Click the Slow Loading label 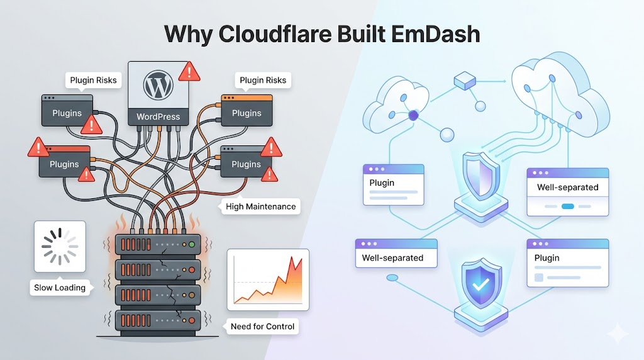(x=60, y=288)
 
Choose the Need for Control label (x=262, y=327)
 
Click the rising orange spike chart (x=268, y=279)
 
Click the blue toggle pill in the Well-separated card (x=568, y=206)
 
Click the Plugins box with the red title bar (x=64, y=161)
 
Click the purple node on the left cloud (x=414, y=115)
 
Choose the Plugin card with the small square (x=568, y=263)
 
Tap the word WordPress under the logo (x=158, y=116)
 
